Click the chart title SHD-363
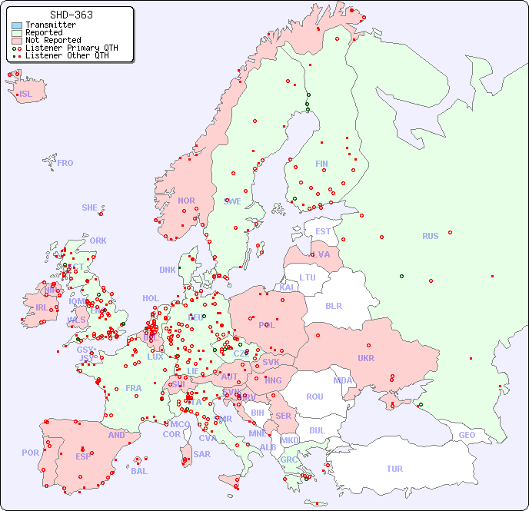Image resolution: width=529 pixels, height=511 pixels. point(71,15)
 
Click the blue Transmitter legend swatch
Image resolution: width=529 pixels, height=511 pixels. point(17,25)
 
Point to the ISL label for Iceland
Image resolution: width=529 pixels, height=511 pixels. point(26,95)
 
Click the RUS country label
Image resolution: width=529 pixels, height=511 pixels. point(430,236)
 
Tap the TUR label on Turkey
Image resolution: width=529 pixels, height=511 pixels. point(394,469)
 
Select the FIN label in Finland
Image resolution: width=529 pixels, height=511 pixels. point(321,164)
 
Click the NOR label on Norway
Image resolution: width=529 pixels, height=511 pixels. point(186,201)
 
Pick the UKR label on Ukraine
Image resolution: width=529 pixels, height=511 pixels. point(365,358)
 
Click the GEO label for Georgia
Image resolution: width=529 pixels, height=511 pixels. point(467,435)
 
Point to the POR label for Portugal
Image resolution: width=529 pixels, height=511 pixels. point(30,453)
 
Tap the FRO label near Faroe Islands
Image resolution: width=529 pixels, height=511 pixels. point(65,163)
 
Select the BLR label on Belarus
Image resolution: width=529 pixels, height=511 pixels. point(334,305)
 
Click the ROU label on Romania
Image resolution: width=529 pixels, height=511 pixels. point(314,397)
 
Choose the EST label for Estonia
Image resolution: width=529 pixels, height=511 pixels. point(323,231)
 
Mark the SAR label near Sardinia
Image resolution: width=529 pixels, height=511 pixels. point(201,454)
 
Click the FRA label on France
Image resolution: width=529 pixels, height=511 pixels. point(134,388)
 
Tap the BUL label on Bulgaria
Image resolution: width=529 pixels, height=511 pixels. point(317,430)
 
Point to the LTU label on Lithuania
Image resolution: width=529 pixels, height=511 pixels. point(308,277)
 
